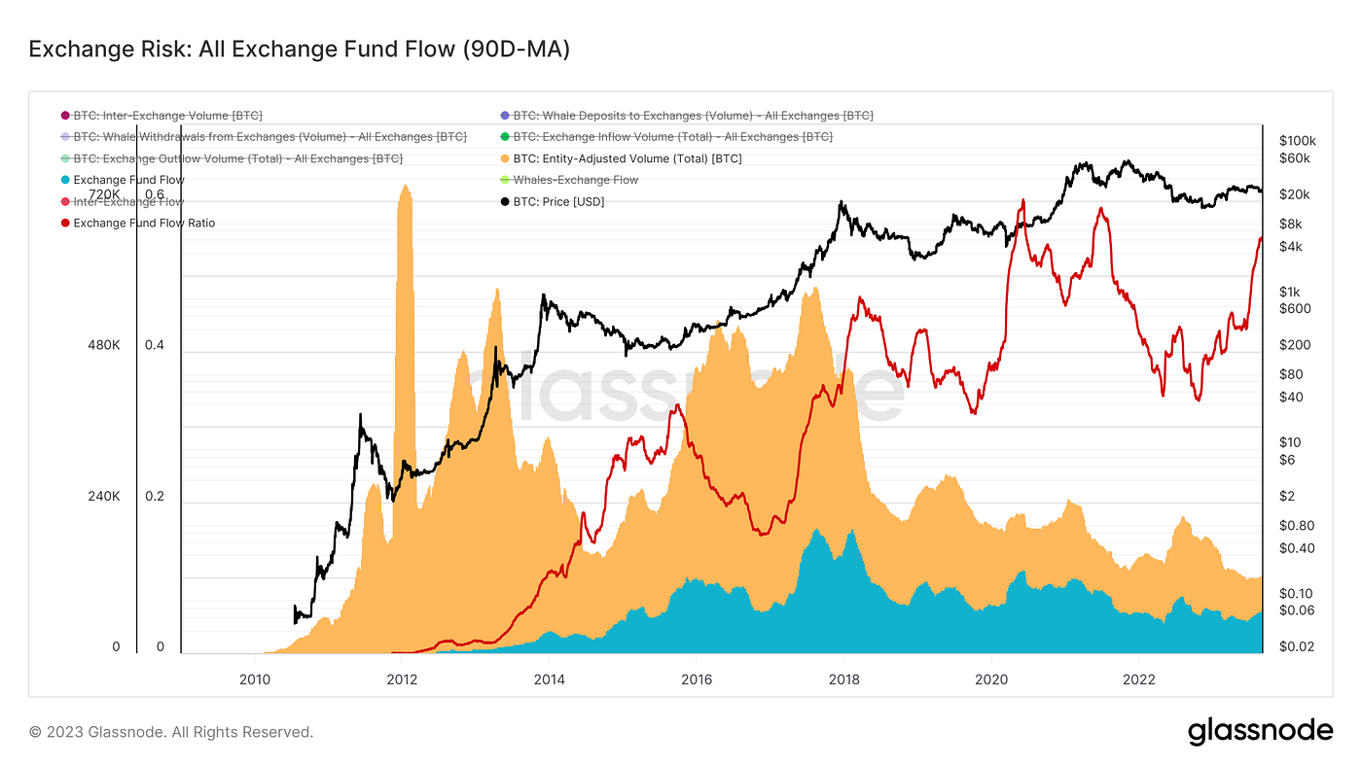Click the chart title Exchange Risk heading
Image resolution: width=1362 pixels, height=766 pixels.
299,49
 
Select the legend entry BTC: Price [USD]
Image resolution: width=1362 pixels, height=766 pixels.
558,201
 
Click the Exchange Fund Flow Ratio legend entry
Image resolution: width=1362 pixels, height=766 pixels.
144,223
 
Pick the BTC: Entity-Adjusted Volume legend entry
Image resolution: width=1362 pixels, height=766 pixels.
627,158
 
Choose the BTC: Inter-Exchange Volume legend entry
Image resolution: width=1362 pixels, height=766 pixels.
167,116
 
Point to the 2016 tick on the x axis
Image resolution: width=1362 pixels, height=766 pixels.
696,679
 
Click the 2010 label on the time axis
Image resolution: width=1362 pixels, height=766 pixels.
255,679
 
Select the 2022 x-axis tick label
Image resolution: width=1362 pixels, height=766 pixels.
1138,679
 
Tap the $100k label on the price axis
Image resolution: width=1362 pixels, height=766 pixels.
1298,140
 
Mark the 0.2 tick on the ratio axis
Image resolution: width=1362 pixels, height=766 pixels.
155,497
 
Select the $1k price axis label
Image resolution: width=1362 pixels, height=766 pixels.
1291,292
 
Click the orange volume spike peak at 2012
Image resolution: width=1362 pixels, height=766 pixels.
404,187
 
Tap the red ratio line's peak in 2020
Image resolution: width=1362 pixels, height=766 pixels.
1022,201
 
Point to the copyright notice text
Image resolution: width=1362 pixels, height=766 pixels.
171,732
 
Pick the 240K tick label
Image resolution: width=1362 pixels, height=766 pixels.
102,497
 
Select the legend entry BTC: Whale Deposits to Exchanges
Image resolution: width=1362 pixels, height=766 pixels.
693,116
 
